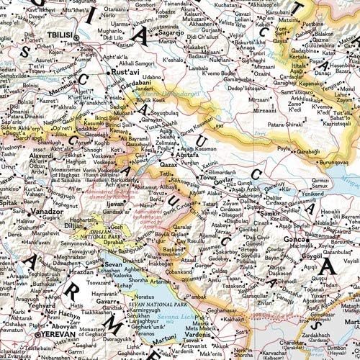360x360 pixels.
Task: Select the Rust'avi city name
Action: (x=124, y=72)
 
